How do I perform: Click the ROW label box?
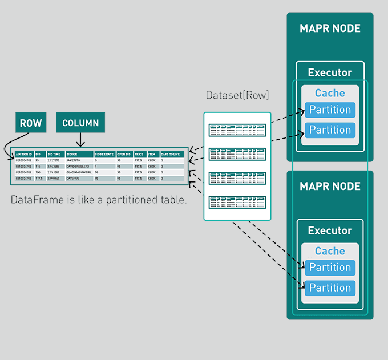[31, 123]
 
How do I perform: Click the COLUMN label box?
[80, 123]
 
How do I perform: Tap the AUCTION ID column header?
[23, 154]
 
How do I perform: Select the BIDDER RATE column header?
[104, 154]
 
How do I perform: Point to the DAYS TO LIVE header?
[172, 154]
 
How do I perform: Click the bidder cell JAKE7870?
[75, 161]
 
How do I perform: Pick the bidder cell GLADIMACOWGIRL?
[79, 172]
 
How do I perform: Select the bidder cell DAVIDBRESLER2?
[78, 167]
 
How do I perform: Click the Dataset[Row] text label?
[237, 95]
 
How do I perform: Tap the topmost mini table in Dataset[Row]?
[237, 130]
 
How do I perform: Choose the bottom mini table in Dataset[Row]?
[237, 201]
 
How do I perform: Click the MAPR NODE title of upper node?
[330, 29]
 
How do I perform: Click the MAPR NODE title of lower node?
[330, 187]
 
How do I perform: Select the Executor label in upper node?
[330, 72]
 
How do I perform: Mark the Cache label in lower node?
[330, 251]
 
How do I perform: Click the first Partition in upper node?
[330, 110]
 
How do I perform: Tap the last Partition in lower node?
[330, 288]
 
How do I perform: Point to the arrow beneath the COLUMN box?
[80, 140]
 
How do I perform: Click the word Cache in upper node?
[330, 93]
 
